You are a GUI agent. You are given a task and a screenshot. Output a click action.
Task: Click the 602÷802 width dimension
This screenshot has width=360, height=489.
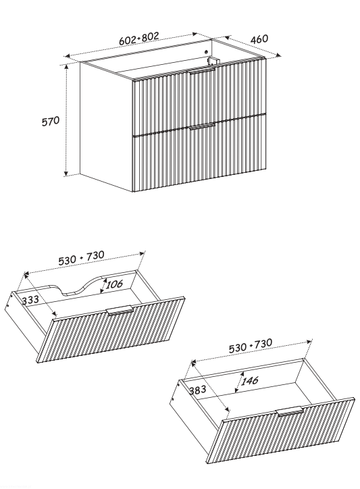coord(139,38)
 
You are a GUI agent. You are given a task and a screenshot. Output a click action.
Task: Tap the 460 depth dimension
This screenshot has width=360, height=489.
coord(259,39)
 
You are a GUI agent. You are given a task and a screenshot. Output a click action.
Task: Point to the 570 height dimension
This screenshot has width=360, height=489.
coord(51,121)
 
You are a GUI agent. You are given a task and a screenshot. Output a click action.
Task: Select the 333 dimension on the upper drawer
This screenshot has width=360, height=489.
coord(30,300)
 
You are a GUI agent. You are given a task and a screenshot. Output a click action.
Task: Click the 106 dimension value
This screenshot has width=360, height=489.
coord(114,284)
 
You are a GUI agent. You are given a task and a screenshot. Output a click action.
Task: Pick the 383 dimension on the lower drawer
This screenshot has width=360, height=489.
coord(197,390)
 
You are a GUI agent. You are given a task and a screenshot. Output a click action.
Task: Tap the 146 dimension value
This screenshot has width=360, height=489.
coord(249,381)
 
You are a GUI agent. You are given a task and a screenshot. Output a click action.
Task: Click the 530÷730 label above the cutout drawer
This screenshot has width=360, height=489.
coord(82,257)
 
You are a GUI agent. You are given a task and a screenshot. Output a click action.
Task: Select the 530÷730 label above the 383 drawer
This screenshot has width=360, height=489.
coord(250,346)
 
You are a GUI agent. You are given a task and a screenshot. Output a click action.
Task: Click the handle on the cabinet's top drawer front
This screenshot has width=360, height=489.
coord(201,71)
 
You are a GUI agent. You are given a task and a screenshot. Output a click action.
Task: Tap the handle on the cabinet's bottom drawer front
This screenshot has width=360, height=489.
coord(202,126)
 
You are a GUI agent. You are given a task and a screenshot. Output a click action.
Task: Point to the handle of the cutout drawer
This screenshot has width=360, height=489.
coord(120,310)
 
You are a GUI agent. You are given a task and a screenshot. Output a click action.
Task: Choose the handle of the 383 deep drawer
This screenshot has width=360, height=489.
coord(290,411)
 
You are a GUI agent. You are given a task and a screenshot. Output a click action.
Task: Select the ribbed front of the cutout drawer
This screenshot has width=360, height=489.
coord(111,330)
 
